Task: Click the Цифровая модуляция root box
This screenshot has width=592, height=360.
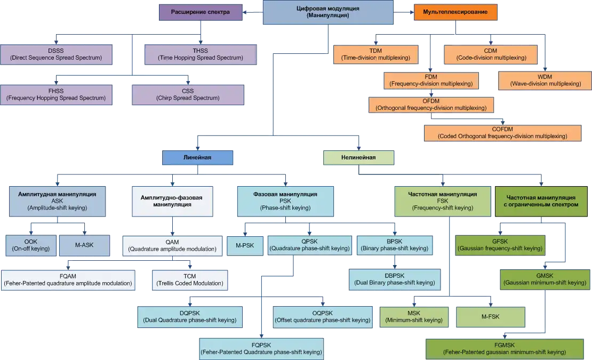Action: pyautogui.click(x=327, y=12)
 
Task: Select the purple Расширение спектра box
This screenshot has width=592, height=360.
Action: pyautogui.click(x=200, y=12)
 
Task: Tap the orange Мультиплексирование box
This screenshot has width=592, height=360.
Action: pyautogui.click(x=455, y=12)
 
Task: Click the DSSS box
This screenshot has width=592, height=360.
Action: pyautogui.click(x=56, y=54)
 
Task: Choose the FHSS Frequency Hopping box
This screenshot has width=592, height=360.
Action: pyautogui.click(x=56, y=94)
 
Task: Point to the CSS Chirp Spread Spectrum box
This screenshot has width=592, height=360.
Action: pyautogui.click(x=188, y=94)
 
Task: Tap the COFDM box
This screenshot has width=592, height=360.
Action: pyautogui.click(x=502, y=133)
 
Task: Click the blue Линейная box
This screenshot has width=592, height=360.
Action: pyautogui.click(x=198, y=157)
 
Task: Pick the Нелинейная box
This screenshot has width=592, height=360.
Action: pyautogui.click(x=358, y=157)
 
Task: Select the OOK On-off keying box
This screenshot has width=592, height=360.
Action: pyautogui.click(x=31, y=245)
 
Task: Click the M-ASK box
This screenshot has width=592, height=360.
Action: pyautogui.click(x=84, y=245)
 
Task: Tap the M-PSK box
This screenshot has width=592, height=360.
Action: pyautogui.click(x=245, y=245)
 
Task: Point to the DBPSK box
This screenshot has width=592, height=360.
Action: pyautogui.click(x=394, y=279)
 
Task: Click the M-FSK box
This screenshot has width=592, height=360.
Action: pyautogui.click(x=490, y=316)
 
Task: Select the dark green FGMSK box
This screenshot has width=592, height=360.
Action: pyautogui.click(x=503, y=349)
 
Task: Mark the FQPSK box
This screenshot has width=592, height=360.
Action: pyautogui.click(x=261, y=349)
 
